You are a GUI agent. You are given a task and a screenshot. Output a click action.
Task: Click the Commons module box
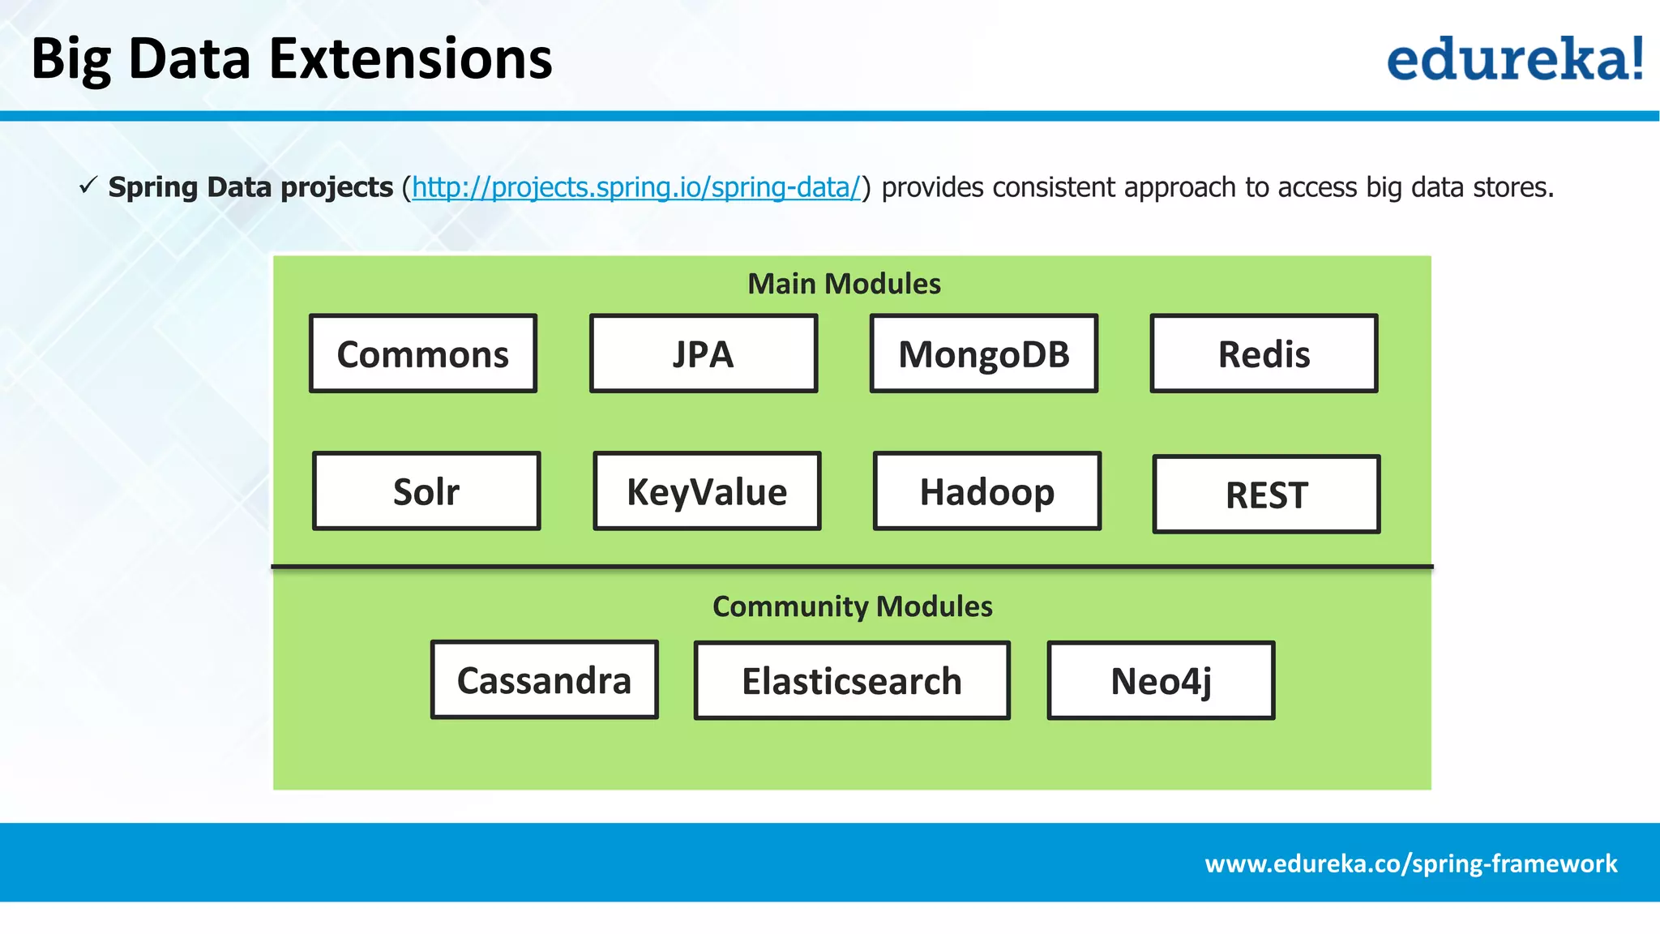click(422, 353)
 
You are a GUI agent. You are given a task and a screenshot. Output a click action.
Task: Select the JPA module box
click(703, 353)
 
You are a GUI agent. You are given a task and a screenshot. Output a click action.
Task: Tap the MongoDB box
click(983, 353)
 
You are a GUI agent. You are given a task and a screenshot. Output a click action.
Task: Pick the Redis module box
click(1264, 353)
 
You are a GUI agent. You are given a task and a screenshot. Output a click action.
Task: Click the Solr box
click(426, 491)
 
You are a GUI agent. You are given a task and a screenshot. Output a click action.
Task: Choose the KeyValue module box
click(707, 491)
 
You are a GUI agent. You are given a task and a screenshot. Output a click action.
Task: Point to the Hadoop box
click(986, 491)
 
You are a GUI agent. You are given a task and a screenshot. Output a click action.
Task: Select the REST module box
click(1266, 495)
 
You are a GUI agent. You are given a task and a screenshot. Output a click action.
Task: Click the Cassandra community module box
click(544, 680)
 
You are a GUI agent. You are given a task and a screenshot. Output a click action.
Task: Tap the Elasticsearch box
click(852, 681)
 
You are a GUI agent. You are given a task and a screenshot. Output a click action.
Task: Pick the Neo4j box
click(1161, 681)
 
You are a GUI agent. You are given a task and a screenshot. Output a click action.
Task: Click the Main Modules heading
click(844, 284)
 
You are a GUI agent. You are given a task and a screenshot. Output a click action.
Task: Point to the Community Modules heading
click(852, 606)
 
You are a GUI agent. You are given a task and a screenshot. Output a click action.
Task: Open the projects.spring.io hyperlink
click(635, 187)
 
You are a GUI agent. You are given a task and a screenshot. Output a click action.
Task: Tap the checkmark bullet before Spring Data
click(88, 186)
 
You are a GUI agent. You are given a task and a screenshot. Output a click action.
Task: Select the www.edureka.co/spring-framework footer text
click(1410, 863)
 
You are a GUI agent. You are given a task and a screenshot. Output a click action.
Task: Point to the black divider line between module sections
click(852, 566)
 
